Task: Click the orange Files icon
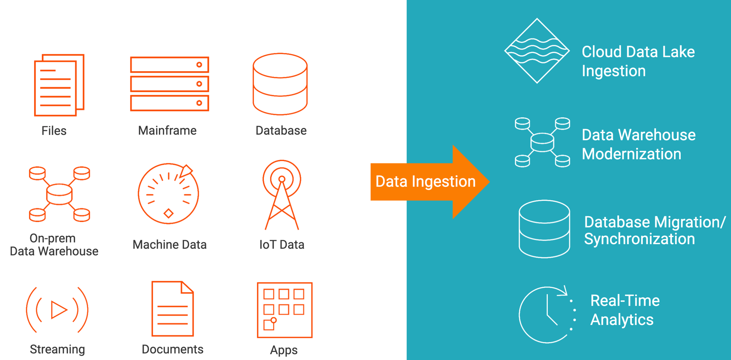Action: [x=59, y=85]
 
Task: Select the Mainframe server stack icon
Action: [x=170, y=84]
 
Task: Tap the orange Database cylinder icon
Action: [x=280, y=84]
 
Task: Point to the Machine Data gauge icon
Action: [x=168, y=194]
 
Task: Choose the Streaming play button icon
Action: [x=57, y=310]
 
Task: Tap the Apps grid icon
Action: [x=284, y=310]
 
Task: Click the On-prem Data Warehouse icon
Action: [x=60, y=194]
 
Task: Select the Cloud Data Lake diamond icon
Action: [x=537, y=51]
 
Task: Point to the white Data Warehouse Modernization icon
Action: [x=542, y=142]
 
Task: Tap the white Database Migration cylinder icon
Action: [x=544, y=229]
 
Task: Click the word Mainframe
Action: [x=167, y=130]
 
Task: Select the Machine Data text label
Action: [x=170, y=244]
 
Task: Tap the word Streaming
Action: [x=57, y=349]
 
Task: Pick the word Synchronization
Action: [x=639, y=239]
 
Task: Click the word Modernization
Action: [x=631, y=154]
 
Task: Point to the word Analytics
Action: [x=622, y=320]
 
